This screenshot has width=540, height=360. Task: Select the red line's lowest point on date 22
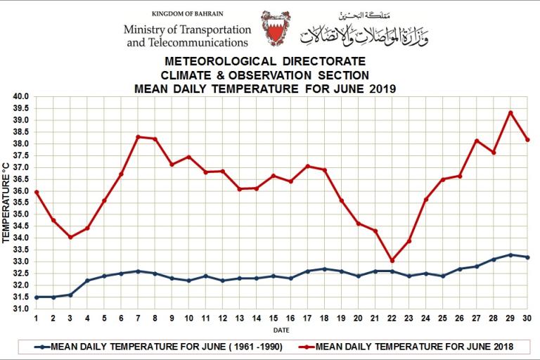click(392, 260)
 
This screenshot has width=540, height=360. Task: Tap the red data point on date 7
click(138, 136)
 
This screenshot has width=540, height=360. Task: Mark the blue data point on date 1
click(36, 297)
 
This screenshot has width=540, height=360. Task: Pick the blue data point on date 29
click(510, 255)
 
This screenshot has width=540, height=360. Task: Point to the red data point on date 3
click(70, 237)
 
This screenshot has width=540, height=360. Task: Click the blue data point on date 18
click(324, 269)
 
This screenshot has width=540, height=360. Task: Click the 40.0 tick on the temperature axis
click(20, 96)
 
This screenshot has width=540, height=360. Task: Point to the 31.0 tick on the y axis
click(20, 309)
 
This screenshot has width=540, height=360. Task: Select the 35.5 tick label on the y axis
click(20, 202)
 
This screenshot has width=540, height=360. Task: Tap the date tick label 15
click(273, 318)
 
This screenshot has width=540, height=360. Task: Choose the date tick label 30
click(527, 318)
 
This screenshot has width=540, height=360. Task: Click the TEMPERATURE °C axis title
click(6, 202)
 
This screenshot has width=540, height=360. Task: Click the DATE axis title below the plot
click(281, 329)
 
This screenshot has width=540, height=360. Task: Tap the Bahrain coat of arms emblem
click(275, 28)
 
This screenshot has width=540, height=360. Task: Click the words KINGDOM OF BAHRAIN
click(186, 14)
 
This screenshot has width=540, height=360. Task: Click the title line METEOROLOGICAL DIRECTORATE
click(264, 63)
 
